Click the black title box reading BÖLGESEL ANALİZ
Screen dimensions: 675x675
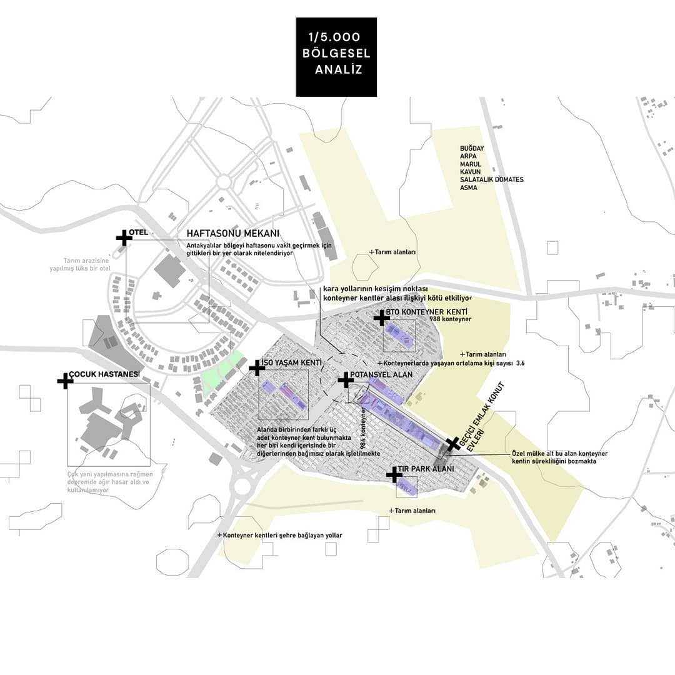[336, 57]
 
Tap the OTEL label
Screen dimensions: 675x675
[139, 232]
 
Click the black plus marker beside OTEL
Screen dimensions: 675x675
[124, 237]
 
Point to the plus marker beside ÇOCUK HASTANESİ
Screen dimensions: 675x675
[65, 381]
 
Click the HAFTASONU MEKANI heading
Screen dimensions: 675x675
[232, 234]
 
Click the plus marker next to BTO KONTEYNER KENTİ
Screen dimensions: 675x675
[381, 318]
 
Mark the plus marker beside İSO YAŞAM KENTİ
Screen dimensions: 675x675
[257, 368]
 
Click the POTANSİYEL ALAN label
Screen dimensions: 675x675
[381, 374]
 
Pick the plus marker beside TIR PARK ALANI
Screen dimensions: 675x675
[394, 476]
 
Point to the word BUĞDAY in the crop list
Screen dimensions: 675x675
[472, 147]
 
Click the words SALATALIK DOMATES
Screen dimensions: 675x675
[491, 179]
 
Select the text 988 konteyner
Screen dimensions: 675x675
[450, 319]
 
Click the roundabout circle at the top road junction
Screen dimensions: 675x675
[224, 182]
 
